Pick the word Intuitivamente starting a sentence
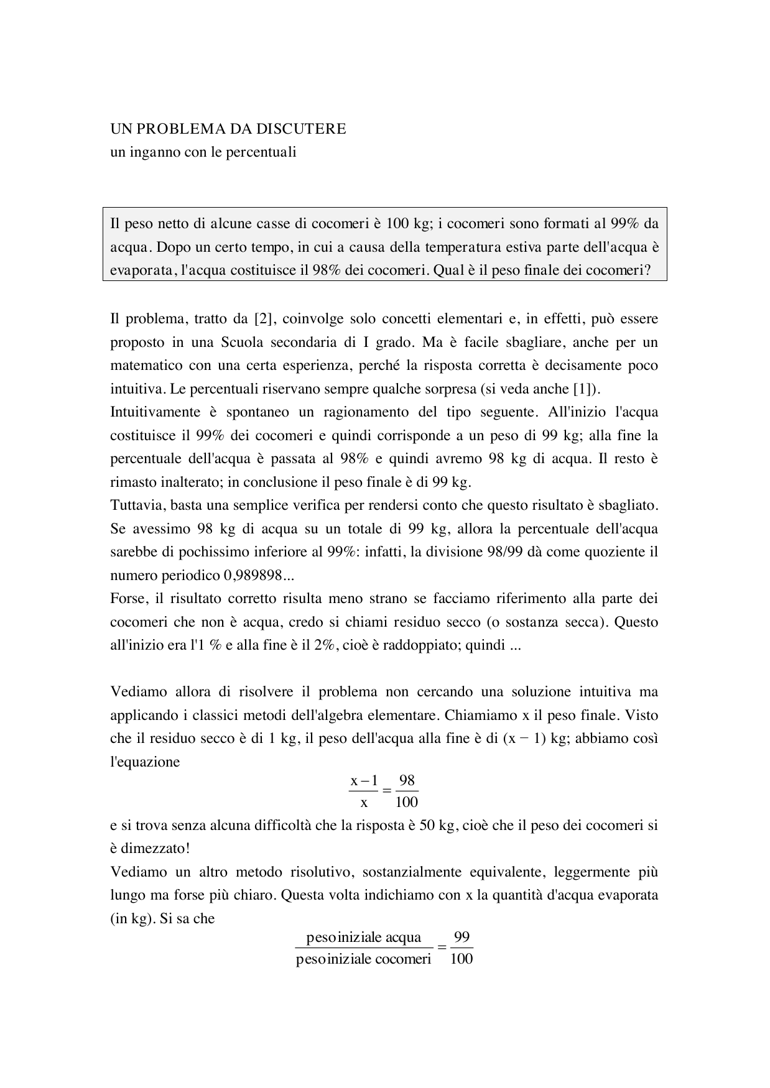point(155,412)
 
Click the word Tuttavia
point(135,505)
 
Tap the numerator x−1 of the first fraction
point(364,780)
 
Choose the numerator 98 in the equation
point(407,780)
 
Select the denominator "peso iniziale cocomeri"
point(364,959)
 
